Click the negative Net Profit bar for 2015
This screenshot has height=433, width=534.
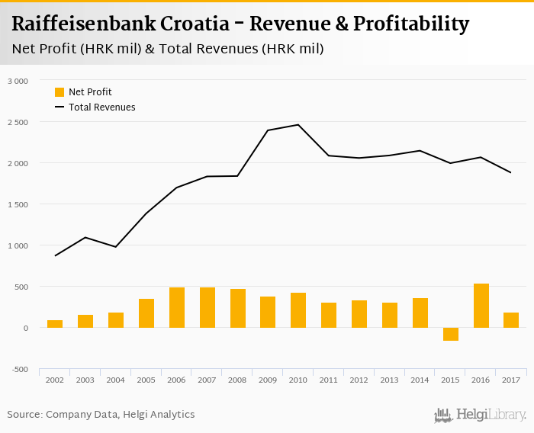pyautogui.click(x=451, y=334)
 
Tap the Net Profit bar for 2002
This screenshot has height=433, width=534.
pyautogui.click(x=55, y=324)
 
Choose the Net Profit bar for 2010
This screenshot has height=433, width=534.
pyautogui.click(x=298, y=310)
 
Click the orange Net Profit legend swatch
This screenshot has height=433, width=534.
pyautogui.click(x=60, y=92)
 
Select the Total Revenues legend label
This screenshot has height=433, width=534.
pyautogui.click(x=101, y=107)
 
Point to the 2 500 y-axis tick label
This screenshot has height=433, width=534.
pyautogui.click(x=17, y=122)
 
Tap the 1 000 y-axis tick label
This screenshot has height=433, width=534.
pyautogui.click(x=17, y=245)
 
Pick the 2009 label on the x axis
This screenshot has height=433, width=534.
pyautogui.click(x=268, y=380)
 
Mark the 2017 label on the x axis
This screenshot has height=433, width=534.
pyautogui.click(x=511, y=380)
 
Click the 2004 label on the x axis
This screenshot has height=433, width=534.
pyautogui.click(x=116, y=380)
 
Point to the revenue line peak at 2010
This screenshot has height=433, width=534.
pyautogui.click(x=298, y=125)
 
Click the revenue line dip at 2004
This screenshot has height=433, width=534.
pyautogui.click(x=116, y=247)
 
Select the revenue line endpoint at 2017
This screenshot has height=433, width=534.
pyautogui.click(x=511, y=172)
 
